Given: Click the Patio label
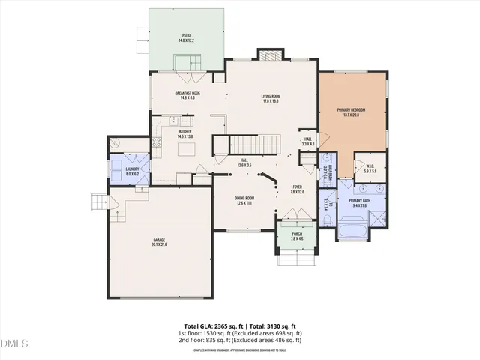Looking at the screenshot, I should click(x=187, y=37).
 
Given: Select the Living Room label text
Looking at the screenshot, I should click(x=271, y=98).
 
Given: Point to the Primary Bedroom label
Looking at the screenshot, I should click(x=352, y=112).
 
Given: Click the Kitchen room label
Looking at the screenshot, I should click(x=185, y=134).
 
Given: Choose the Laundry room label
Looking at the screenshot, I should click(x=132, y=171).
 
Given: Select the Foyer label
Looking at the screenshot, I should click(x=297, y=190).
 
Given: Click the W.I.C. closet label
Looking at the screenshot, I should click(x=370, y=169).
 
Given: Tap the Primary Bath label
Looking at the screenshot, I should click(x=360, y=202).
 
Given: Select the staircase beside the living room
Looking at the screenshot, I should click(x=253, y=143).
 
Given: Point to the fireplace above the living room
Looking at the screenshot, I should click(x=271, y=55).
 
